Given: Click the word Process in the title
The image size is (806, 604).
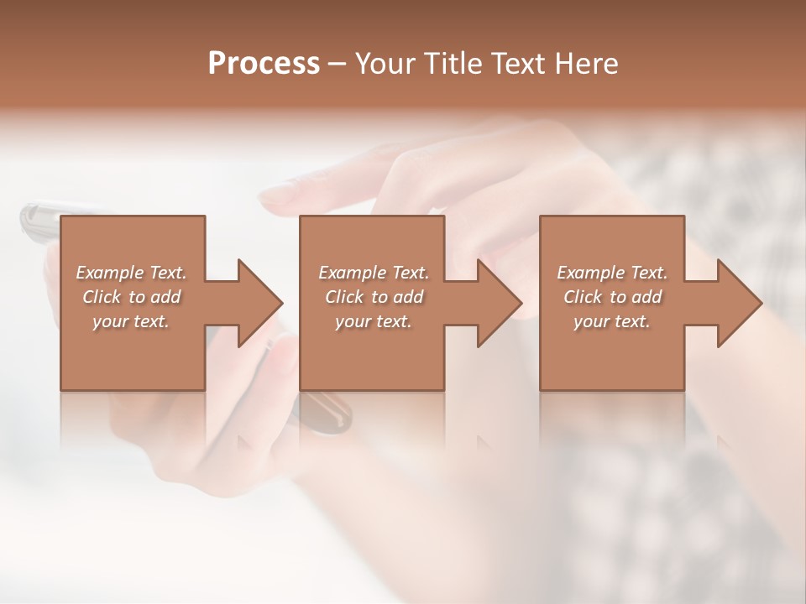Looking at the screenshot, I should tap(264, 64).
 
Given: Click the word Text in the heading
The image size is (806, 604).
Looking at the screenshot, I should tap(516, 64).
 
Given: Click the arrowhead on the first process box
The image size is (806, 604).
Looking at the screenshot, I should tap(261, 303).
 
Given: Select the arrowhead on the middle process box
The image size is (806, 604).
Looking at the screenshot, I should tap(500, 303).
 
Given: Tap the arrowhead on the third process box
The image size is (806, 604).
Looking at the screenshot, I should tap(740, 303).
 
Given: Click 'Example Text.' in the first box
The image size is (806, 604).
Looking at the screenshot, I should tap(131, 273).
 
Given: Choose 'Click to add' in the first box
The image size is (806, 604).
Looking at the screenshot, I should tap(131, 297).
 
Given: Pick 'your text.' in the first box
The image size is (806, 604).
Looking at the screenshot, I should tap(131, 321).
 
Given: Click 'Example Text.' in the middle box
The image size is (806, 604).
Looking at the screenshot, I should tap(374, 273).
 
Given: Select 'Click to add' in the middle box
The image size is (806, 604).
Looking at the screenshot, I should tap(374, 297).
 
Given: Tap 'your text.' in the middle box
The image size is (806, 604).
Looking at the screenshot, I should tap(374, 321).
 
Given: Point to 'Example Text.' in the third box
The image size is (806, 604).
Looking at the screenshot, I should tap(612, 273).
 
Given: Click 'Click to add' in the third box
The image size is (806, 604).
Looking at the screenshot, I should tap(612, 297).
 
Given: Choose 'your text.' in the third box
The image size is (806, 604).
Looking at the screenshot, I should tap(612, 321).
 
